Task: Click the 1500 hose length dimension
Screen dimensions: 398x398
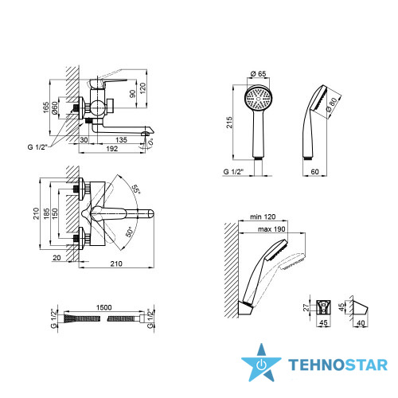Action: point(103,307)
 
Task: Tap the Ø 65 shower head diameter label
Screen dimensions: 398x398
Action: point(258,73)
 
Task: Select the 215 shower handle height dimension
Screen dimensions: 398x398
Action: point(229,123)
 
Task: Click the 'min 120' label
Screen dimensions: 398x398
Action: point(263,217)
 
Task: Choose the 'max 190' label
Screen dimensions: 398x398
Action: point(271,229)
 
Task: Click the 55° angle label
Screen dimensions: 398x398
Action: point(136,189)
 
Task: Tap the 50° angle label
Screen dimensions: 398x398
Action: point(129,232)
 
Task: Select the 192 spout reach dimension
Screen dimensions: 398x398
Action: point(111,149)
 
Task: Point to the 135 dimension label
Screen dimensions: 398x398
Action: point(121,140)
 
